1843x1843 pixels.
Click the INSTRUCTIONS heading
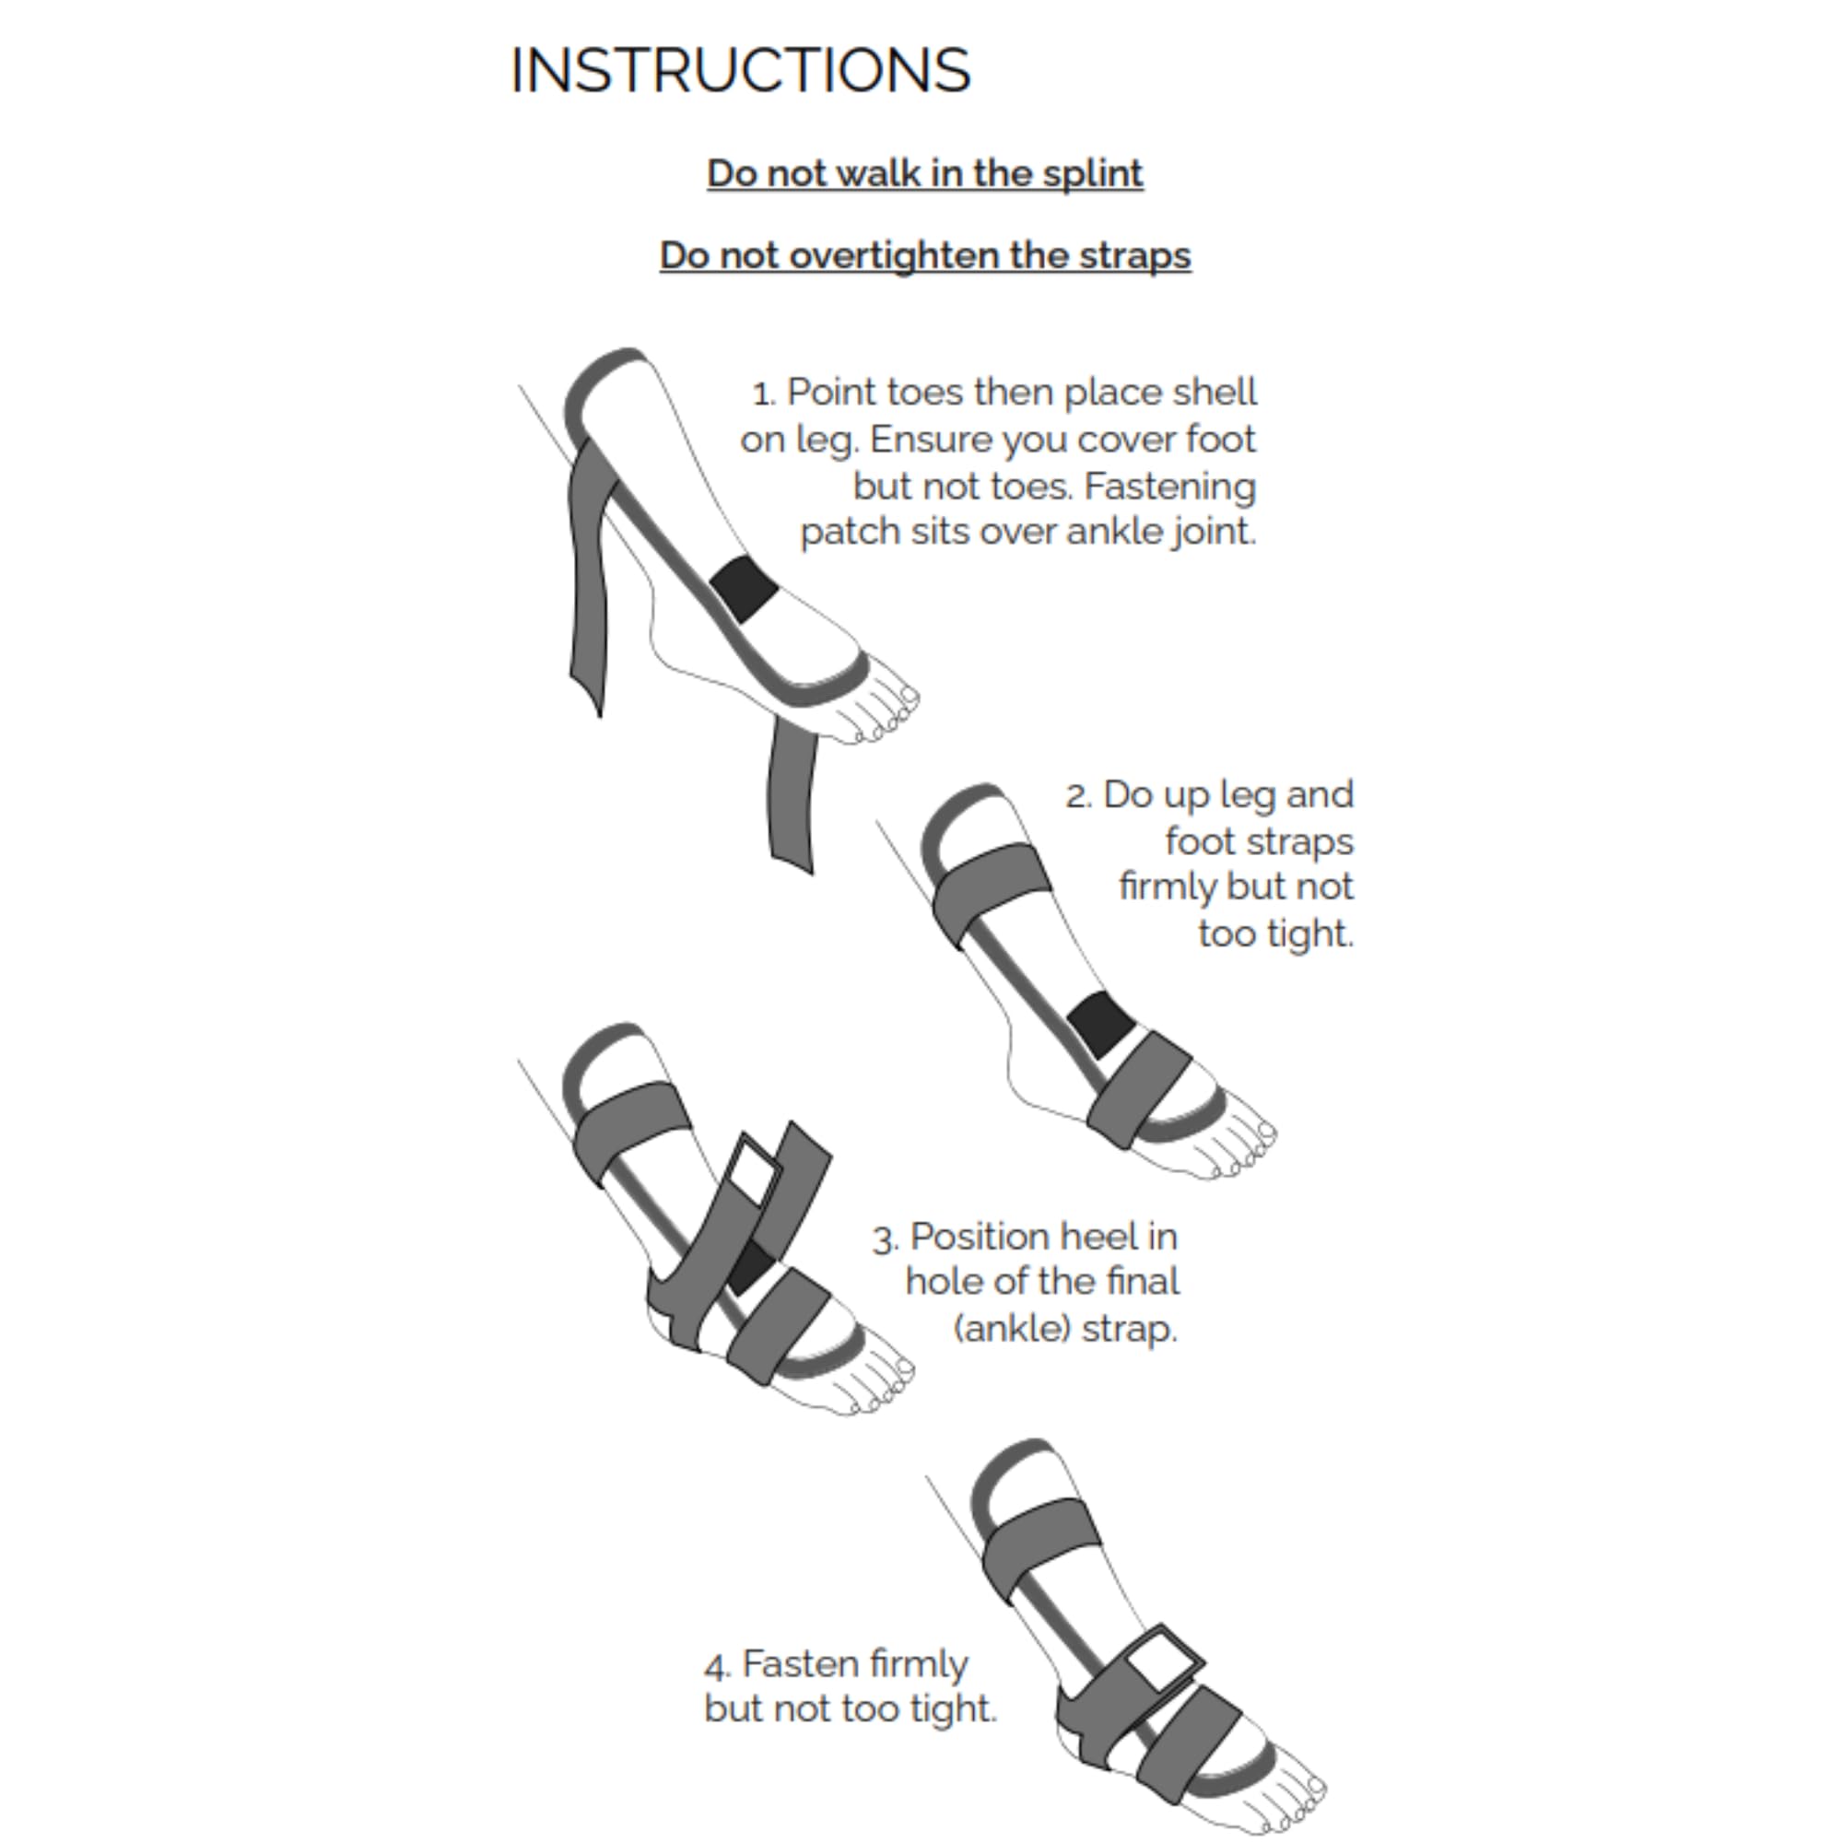pos(740,71)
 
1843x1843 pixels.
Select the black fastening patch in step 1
pos(743,589)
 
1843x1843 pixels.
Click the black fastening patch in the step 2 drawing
pos(1100,1024)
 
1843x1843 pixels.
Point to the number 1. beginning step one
pos(764,394)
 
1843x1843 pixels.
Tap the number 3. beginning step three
pos(886,1239)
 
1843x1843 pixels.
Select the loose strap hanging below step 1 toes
pos(792,796)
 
